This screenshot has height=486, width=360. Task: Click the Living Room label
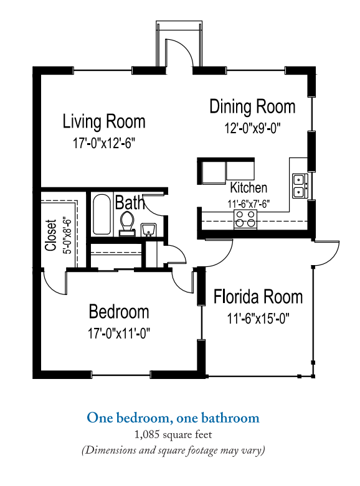(x=104, y=121)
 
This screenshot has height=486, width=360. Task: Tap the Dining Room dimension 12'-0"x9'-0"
(x=252, y=128)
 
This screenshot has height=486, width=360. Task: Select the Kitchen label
(x=249, y=187)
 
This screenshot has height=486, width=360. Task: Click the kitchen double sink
(x=300, y=185)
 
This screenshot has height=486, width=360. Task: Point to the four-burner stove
(x=245, y=220)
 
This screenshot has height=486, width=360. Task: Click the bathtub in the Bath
(x=102, y=214)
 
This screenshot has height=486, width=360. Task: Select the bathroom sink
(x=149, y=230)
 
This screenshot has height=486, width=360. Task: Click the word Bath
(x=130, y=203)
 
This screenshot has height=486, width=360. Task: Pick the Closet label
(x=50, y=235)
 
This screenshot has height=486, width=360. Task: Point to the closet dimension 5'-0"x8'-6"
(x=67, y=237)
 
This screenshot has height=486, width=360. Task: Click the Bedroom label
(x=119, y=312)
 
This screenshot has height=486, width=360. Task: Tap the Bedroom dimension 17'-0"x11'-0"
(x=119, y=334)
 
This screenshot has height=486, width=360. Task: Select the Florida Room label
(x=258, y=297)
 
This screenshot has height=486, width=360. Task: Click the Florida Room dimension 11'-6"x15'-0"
(x=258, y=319)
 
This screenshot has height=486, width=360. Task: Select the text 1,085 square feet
(x=173, y=434)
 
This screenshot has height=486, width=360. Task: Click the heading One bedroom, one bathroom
(x=173, y=418)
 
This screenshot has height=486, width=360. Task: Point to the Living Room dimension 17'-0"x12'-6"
(x=104, y=143)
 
